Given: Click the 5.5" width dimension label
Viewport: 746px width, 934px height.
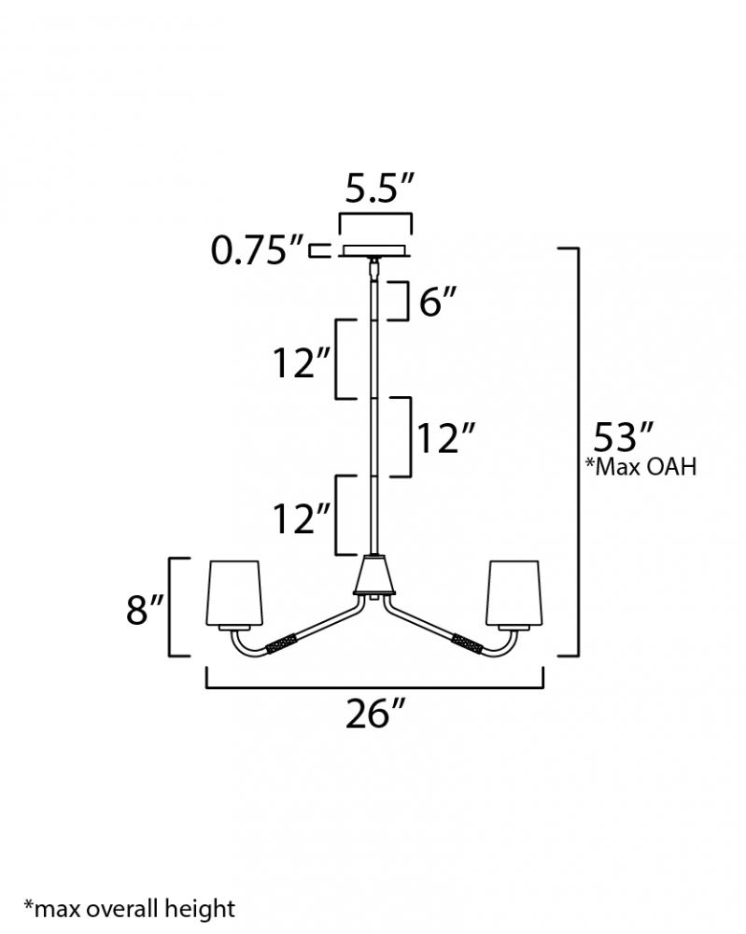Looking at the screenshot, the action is point(379,189).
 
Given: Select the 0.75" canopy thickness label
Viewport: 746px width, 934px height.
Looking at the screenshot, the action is point(258,250).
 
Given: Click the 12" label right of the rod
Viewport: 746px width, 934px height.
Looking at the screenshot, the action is point(445,438).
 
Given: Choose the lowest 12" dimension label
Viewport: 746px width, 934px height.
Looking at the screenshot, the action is point(302,517).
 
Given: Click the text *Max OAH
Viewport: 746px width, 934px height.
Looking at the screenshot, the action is point(640,466).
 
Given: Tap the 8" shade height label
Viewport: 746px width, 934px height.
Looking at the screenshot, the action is point(144,608).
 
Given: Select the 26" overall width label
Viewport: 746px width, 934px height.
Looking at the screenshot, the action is point(375,713).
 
